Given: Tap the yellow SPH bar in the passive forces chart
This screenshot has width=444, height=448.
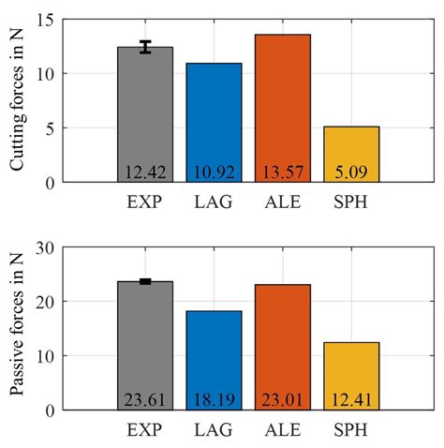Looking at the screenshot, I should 350,370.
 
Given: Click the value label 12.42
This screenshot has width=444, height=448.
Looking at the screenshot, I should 145,172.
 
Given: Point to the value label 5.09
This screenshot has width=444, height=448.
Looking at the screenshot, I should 350,172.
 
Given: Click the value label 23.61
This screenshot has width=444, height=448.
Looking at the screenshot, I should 145,400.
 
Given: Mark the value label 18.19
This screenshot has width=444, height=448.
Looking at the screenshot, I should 214,400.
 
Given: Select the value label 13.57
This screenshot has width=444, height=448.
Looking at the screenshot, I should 282,172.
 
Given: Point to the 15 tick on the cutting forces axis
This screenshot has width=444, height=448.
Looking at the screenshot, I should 51,20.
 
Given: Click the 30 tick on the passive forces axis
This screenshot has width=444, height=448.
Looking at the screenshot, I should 51,248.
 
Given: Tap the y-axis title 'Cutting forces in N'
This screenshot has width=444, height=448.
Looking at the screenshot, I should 18,100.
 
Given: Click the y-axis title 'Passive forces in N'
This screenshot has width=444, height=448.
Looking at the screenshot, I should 18,329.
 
